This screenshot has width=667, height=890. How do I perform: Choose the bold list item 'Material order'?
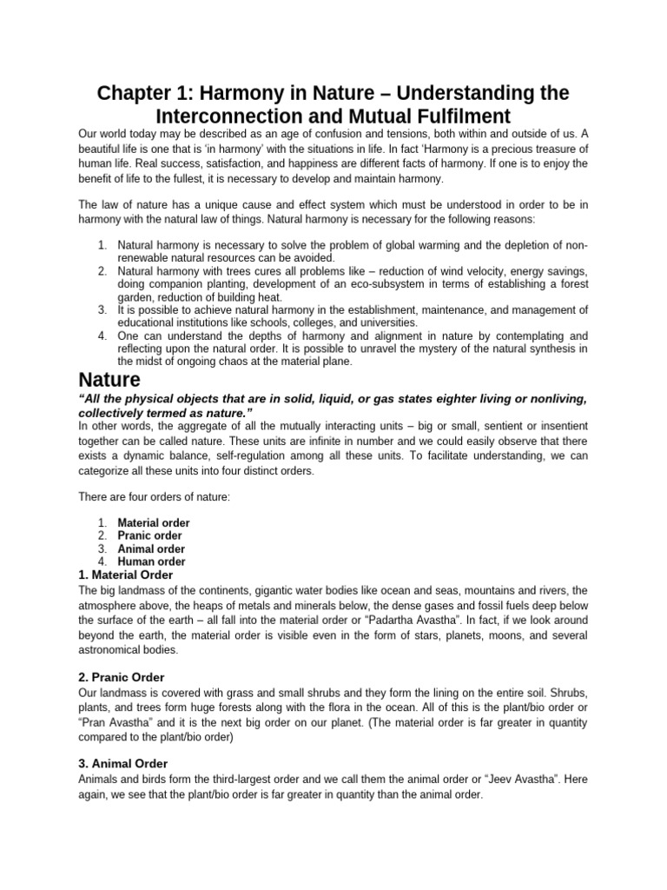point(154,523)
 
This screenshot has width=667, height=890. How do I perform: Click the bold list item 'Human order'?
point(151,561)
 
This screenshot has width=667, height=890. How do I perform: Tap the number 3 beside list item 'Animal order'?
point(102,549)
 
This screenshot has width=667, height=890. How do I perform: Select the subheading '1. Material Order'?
point(126,575)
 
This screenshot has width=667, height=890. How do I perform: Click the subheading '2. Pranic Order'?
point(122,677)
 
